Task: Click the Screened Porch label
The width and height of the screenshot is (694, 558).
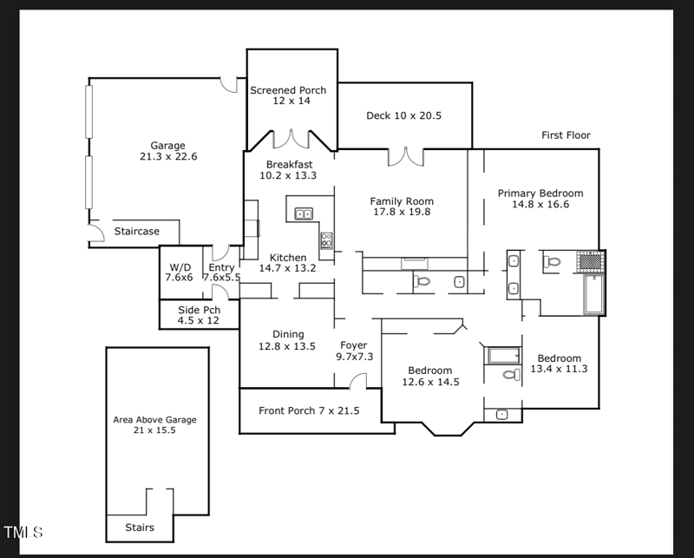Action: (288, 90)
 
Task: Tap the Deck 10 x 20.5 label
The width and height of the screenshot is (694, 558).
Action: (403, 115)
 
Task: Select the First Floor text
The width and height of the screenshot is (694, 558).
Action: (566, 135)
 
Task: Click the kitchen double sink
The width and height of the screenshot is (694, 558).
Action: (304, 213)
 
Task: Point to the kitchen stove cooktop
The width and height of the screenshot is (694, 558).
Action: (326, 240)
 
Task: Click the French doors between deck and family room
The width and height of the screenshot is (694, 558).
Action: (405, 156)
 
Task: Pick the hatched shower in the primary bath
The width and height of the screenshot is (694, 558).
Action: (590, 259)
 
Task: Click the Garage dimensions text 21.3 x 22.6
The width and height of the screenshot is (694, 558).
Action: (168, 157)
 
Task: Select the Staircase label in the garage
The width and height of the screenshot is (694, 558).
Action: (137, 232)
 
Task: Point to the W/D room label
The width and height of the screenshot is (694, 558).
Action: (180, 267)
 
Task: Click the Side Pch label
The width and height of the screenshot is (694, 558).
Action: (199, 310)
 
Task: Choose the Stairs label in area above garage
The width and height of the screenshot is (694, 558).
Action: (139, 528)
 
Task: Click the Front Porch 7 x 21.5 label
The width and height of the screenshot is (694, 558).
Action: (309, 410)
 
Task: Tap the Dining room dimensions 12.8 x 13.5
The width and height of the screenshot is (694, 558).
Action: (286, 346)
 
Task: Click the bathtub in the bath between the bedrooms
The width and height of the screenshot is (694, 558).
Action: (502, 355)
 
